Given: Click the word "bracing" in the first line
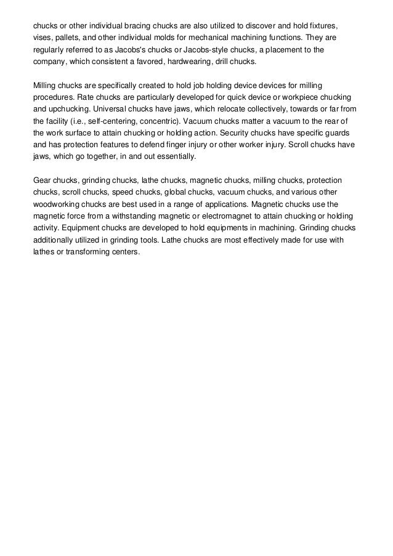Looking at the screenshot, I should (x=132, y=27).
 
